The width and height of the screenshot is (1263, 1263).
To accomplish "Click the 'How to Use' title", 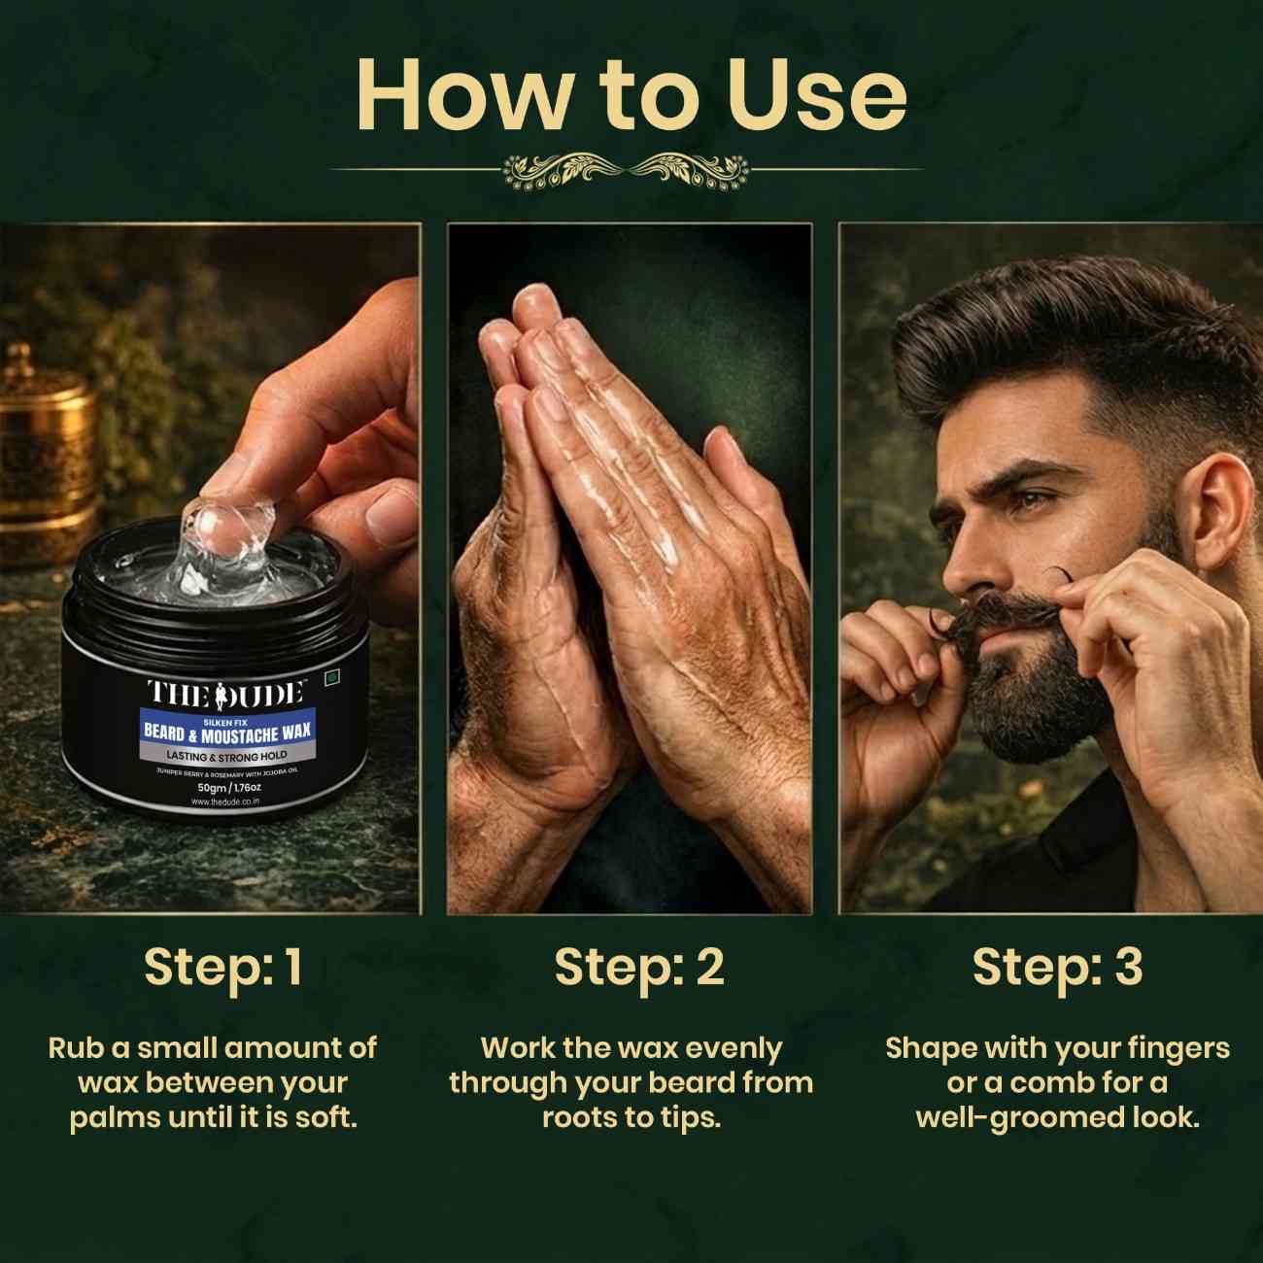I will tap(631, 94).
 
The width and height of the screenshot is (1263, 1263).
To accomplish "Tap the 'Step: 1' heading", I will tap(223, 967).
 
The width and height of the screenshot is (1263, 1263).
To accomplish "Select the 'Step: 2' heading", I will tap(639, 967).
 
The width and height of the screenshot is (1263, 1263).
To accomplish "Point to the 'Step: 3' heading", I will tap(1057, 967).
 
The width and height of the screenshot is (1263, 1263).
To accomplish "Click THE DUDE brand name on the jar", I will tap(225, 693).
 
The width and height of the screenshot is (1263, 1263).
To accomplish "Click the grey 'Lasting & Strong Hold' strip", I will tap(225, 755).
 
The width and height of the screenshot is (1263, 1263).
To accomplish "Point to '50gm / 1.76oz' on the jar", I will tap(225, 787).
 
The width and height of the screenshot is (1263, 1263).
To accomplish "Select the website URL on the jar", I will tap(225, 802).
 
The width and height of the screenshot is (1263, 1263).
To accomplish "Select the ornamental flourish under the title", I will tap(627, 170).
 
